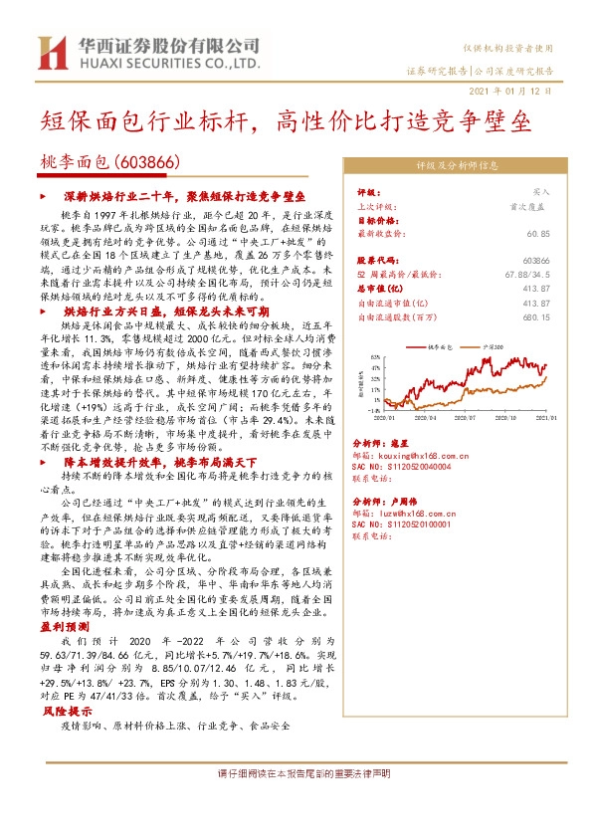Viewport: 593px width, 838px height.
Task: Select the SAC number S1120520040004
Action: (402, 466)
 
